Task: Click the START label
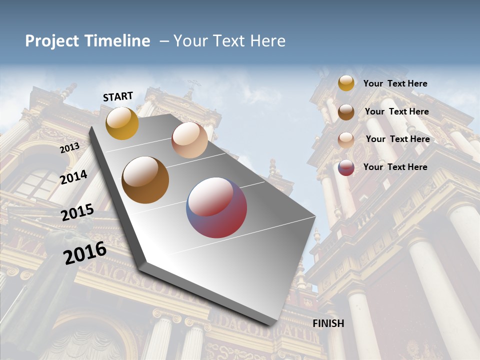point(118,96)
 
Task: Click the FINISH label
point(328,323)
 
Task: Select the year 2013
point(69,148)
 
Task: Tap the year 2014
point(74,177)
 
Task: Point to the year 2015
point(77,212)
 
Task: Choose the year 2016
point(85,252)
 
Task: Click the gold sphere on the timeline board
point(122,123)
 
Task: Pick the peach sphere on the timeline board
point(189,140)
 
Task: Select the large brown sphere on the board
point(145,180)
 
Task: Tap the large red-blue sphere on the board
point(216,207)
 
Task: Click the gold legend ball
point(346,83)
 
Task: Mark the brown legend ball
point(346,112)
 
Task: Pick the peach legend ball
point(346,139)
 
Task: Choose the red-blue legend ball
point(346,167)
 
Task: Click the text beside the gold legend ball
point(395,83)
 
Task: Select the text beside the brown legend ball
point(396,111)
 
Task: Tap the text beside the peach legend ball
point(397,139)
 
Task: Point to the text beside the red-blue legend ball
point(395,167)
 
